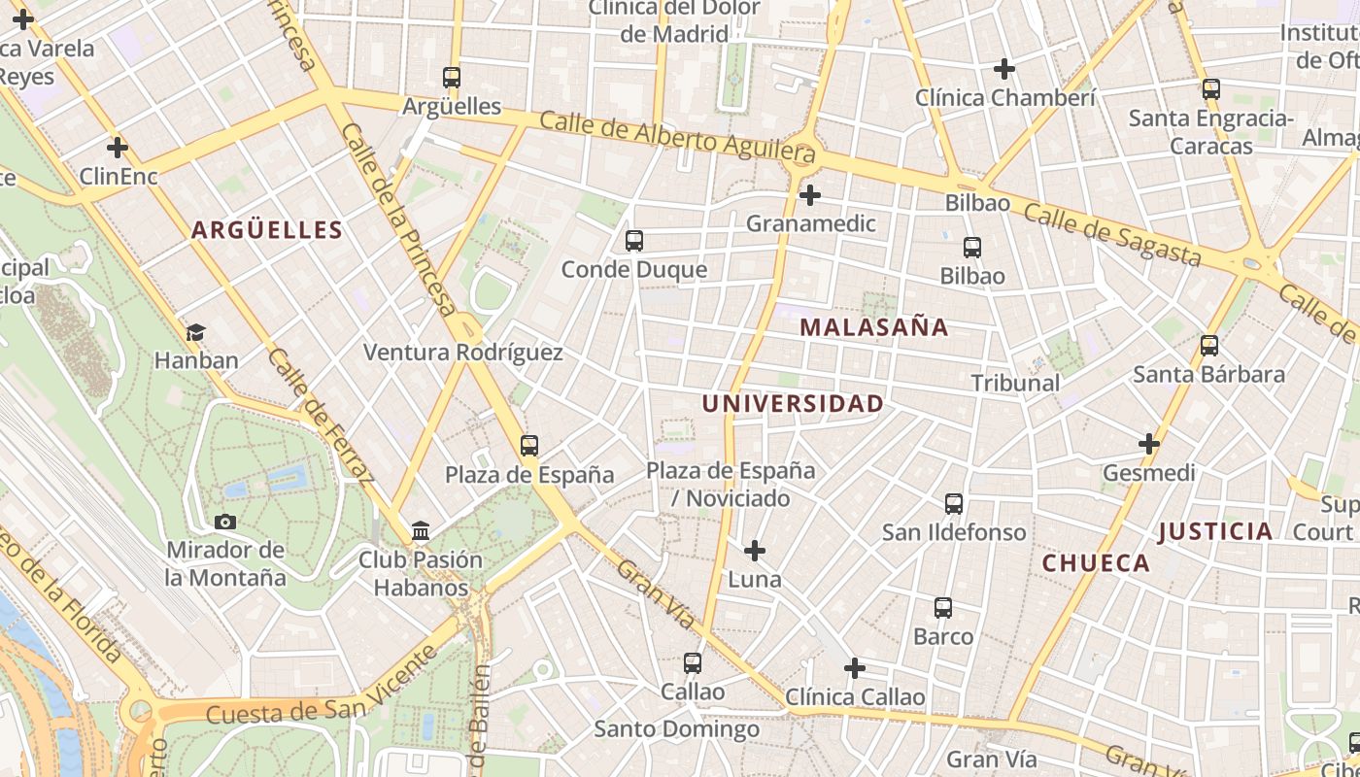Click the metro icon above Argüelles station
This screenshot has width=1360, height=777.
[x=451, y=78]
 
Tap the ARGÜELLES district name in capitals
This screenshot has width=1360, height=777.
[x=267, y=230]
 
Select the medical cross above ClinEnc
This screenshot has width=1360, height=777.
[x=118, y=148]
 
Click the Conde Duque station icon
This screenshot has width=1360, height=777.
[x=634, y=241]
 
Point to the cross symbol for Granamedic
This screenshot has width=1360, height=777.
[x=809, y=196]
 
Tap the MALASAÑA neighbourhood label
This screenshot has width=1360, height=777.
[x=874, y=327]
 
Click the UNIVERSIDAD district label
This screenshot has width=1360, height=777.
[x=793, y=403]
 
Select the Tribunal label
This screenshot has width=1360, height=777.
[x=1015, y=383]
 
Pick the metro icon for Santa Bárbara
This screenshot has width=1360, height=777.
[x=1209, y=346]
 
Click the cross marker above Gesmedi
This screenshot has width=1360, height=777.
[x=1149, y=444]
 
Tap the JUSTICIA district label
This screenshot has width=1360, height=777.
[x=1215, y=531]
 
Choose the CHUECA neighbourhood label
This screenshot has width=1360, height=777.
[x=1096, y=563]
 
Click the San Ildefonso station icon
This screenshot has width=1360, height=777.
[x=954, y=504]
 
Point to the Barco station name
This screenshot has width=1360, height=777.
[x=943, y=636]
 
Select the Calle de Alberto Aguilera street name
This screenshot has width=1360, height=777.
[x=677, y=136]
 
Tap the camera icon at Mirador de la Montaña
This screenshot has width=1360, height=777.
[x=225, y=523]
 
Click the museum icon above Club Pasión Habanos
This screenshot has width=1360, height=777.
[x=421, y=531]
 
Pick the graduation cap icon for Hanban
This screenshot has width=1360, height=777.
[x=196, y=333]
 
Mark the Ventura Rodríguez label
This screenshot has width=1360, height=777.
[x=462, y=353]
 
